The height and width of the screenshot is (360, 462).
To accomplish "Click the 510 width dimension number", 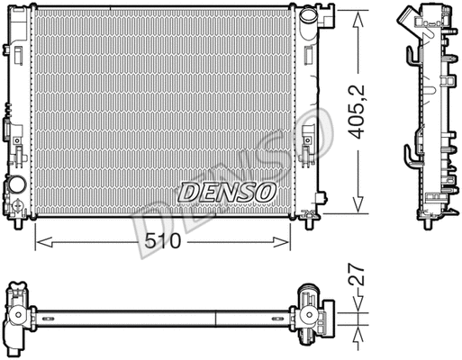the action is click(162, 241).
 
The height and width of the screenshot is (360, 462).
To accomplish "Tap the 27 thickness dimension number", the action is click(357, 274).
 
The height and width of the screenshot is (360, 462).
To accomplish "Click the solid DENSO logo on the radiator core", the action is click(227, 192).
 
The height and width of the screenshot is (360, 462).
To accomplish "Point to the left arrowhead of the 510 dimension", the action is click(44, 242).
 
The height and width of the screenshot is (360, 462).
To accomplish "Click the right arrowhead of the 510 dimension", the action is click(282, 242).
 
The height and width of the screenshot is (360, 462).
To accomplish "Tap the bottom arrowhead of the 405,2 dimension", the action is click(358, 204).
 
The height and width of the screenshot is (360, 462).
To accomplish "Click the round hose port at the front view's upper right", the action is click(309, 15).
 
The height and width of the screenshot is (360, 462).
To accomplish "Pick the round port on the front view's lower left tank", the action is click(17, 184).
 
